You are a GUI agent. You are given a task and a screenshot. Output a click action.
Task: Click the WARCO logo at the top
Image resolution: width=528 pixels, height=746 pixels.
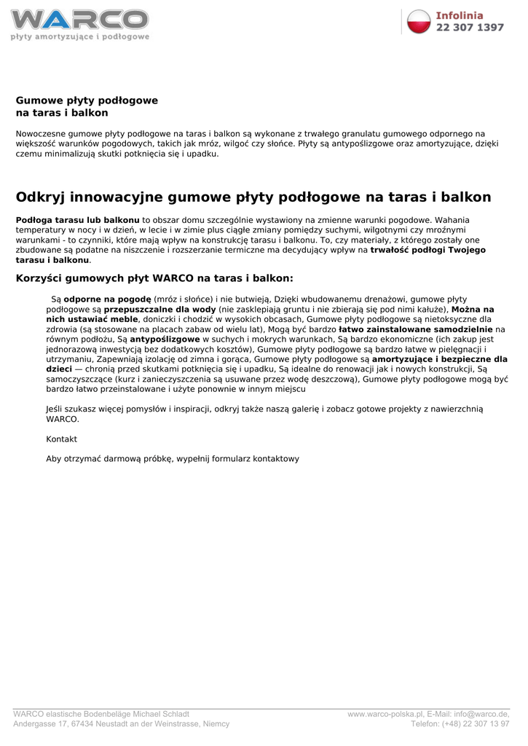click(79, 19)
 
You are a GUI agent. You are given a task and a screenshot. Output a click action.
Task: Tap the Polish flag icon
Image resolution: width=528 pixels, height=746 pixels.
click(419, 21)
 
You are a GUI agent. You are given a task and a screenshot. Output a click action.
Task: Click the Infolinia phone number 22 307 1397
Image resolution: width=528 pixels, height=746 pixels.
click(470, 28)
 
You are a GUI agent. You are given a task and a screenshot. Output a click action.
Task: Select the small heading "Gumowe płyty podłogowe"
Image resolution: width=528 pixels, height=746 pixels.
click(87, 100)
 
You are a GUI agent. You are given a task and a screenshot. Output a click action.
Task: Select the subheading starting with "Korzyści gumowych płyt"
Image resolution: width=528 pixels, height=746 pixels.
click(154, 278)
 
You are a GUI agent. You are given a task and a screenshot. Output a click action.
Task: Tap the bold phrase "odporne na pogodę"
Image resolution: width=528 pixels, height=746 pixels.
click(108, 299)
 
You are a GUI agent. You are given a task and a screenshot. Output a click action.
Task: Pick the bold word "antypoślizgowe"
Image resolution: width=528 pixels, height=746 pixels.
click(165, 339)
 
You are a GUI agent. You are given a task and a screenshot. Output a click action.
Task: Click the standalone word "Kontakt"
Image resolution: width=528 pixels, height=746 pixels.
click(61, 439)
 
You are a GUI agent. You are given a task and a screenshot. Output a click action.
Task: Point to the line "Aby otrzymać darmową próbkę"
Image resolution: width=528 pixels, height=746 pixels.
click(173, 459)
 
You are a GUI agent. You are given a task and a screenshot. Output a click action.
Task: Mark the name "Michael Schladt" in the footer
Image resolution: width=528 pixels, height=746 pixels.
click(160, 714)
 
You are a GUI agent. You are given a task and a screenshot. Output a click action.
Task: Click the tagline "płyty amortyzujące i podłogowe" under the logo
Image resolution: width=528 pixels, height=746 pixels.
click(79, 36)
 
